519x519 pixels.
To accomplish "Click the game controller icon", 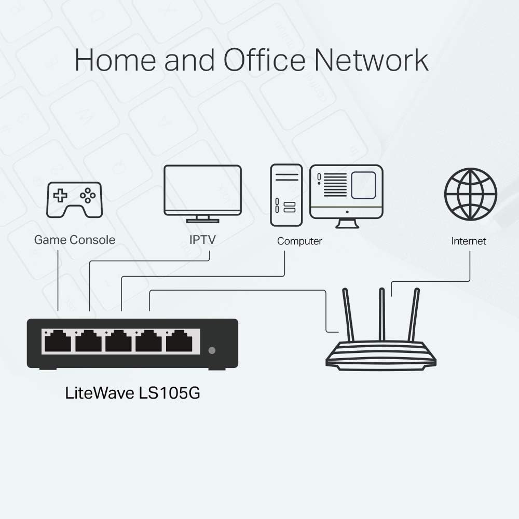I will pos(75,199).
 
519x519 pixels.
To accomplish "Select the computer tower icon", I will pos(286,195).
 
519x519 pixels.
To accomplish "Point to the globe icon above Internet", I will pos(470,194).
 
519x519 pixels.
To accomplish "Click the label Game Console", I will pos(75,240).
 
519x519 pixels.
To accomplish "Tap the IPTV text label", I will pos(202,240).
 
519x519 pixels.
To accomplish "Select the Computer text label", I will pos(299,241).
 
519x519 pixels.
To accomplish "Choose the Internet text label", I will pos(469,241).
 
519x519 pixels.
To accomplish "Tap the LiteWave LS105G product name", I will pos(132,393).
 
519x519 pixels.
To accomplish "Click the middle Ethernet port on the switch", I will pos(118,343).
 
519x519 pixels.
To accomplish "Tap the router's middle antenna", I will pos(381,314).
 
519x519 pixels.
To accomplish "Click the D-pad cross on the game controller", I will pos(61,196).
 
